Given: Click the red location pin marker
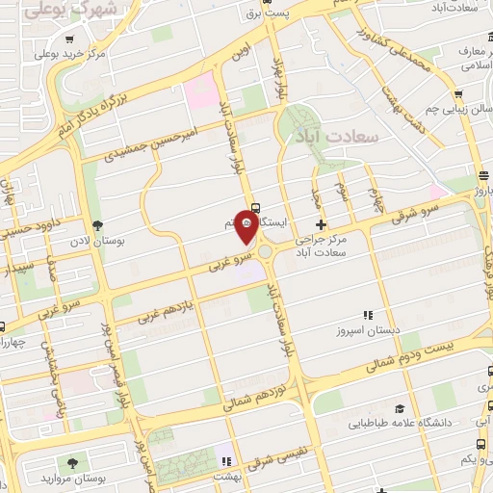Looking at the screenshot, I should [x=246, y=228].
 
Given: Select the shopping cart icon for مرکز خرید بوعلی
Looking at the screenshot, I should [x=70, y=40].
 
